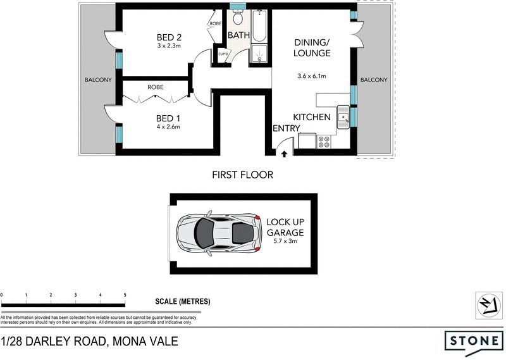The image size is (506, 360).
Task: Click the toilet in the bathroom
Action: (238, 17)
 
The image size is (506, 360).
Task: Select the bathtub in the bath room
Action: (259, 26)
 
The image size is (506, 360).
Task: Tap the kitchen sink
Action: (343, 117)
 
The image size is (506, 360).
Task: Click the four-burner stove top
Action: (324, 141)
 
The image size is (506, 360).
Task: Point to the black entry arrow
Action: (284, 154)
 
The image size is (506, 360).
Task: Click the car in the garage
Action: (218, 233)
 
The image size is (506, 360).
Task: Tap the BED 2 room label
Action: (169, 37)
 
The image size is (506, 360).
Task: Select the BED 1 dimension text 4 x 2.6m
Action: (168, 127)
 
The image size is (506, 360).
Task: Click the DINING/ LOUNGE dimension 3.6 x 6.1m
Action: (312, 76)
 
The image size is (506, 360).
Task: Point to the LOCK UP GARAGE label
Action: (285, 227)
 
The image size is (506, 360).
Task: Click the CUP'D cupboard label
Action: (223, 54)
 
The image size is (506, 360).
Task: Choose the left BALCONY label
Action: (98, 80)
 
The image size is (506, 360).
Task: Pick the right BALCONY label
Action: (374, 80)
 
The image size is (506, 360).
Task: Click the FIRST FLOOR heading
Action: (243, 175)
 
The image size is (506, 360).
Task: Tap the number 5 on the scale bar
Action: (125, 295)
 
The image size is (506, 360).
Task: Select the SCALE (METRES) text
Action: (183, 302)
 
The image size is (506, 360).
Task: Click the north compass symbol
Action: (489, 306)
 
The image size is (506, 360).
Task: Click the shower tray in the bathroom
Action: (259, 53)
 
